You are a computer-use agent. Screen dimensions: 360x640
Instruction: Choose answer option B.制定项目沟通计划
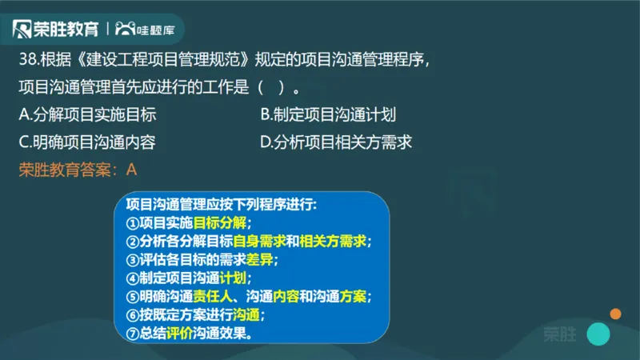pyautogui.click(x=329, y=115)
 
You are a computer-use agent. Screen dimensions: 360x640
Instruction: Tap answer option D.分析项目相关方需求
pyautogui.click(x=336, y=142)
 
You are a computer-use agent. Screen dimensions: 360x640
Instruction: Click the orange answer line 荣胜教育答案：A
pyautogui.click(x=78, y=169)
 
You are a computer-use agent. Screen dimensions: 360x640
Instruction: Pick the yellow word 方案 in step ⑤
pyautogui.click(x=353, y=297)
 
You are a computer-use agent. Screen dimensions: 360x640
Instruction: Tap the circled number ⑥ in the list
pyautogui.click(x=133, y=315)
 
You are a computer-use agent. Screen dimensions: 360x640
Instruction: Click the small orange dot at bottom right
pyautogui.click(x=615, y=314)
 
